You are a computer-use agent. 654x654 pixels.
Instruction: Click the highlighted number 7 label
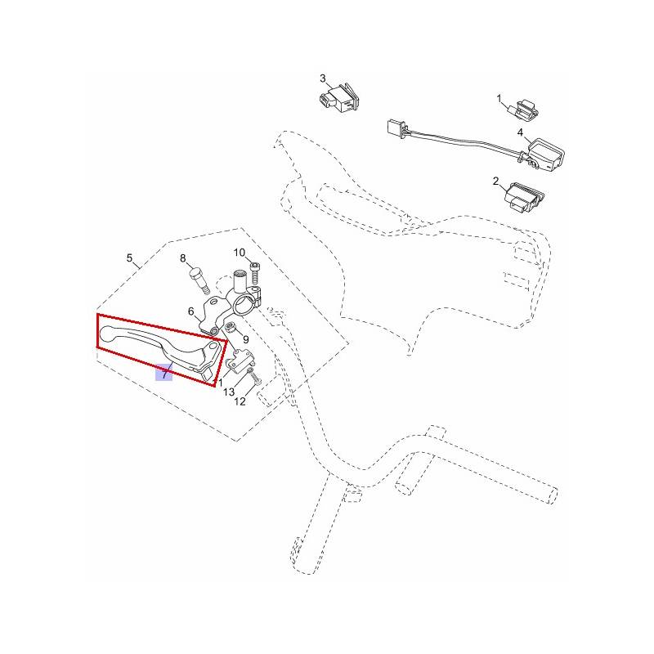pyautogui.click(x=164, y=373)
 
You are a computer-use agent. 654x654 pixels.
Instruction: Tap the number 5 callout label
pyautogui.click(x=129, y=258)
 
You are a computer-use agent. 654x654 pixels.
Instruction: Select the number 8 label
pyautogui.click(x=182, y=258)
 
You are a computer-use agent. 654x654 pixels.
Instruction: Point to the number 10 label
pyautogui.click(x=240, y=253)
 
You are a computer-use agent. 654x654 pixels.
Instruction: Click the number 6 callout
pyautogui.click(x=191, y=311)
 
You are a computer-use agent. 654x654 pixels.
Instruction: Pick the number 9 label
pyautogui.click(x=246, y=340)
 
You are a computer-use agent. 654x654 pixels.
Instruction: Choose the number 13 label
pyautogui.click(x=229, y=392)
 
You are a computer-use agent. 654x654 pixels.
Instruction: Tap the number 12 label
pyautogui.click(x=240, y=401)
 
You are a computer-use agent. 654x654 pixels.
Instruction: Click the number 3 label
pyautogui.click(x=323, y=78)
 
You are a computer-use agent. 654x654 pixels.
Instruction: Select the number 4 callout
pyautogui.click(x=520, y=132)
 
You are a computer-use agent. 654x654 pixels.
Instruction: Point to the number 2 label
pyautogui.click(x=495, y=181)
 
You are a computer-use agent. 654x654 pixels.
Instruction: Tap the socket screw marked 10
pyautogui.click(x=255, y=273)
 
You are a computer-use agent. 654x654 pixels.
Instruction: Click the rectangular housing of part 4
pyautogui.click(x=546, y=155)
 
